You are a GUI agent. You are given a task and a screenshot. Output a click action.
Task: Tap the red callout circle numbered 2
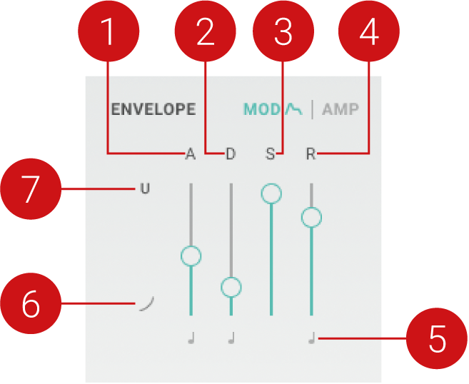[206, 33]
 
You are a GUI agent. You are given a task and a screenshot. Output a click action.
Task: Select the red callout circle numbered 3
[283, 33]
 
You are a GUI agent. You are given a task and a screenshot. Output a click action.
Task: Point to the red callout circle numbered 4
[368, 33]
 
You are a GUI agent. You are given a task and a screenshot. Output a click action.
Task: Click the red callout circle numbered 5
[437, 340]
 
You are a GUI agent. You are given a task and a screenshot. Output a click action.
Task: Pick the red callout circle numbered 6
[30, 304]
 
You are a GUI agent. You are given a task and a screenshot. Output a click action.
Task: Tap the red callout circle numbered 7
[30, 190]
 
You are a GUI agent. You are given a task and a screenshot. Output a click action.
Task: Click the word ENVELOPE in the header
[153, 110]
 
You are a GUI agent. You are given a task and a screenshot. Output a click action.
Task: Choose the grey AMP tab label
[341, 110]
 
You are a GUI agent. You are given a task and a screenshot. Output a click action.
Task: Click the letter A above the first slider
[190, 153]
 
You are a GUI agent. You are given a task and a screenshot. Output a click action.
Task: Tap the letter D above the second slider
[231, 153]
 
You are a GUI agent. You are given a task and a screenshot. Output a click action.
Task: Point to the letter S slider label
[271, 153]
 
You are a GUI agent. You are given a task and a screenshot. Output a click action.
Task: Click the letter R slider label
[311, 153]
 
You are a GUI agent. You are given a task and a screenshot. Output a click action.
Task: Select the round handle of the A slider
[191, 255]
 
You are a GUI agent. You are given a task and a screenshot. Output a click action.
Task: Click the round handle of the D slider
[231, 287]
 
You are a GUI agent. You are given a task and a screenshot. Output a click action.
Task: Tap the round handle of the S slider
[271, 193]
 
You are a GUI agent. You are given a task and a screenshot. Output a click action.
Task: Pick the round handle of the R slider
[311, 217]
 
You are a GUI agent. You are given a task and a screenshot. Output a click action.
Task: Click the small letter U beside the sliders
[145, 190]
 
